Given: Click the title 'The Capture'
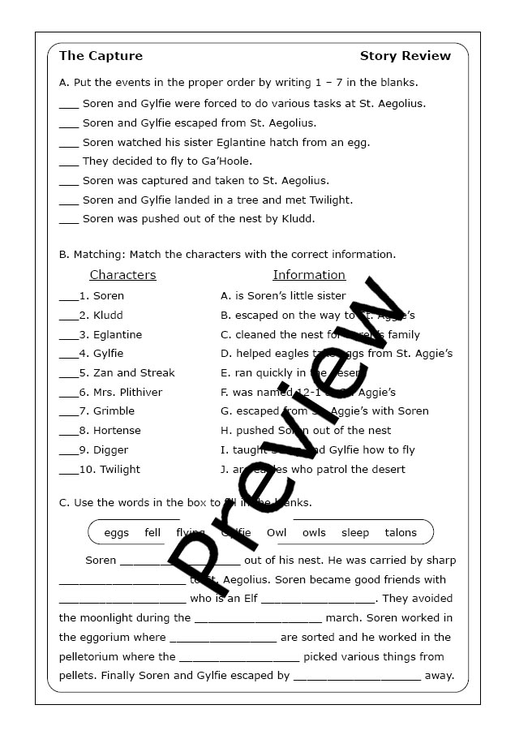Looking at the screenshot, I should [x=101, y=56].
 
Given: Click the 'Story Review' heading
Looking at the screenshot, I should [x=405, y=56].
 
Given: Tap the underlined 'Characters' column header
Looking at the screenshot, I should [x=122, y=275].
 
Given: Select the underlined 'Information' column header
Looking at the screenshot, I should [x=309, y=275].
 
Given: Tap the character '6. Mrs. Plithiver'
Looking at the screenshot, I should [x=121, y=392].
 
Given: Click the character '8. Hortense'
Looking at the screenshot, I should [x=109, y=431].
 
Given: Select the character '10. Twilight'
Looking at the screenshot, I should [x=109, y=469].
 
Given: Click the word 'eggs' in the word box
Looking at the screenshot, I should [x=117, y=533].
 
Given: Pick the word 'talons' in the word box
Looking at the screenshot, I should [x=401, y=533].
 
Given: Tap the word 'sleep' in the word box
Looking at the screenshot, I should [x=355, y=533].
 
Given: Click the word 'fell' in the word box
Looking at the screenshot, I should [x=152, y=533].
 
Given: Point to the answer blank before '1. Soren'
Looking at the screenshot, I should [x=68, y=298].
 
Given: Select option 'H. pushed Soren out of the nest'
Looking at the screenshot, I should [x=306, y=431].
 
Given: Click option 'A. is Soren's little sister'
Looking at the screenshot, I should [x=283, y=296].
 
